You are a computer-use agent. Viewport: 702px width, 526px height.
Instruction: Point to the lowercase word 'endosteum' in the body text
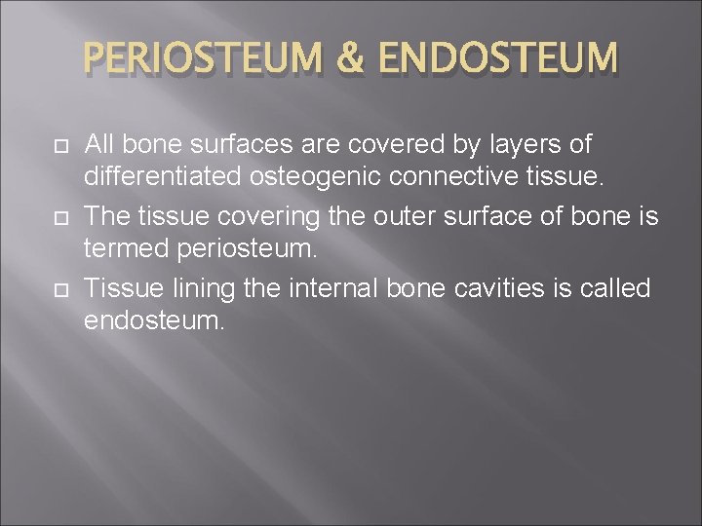click(x=154, y=321)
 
